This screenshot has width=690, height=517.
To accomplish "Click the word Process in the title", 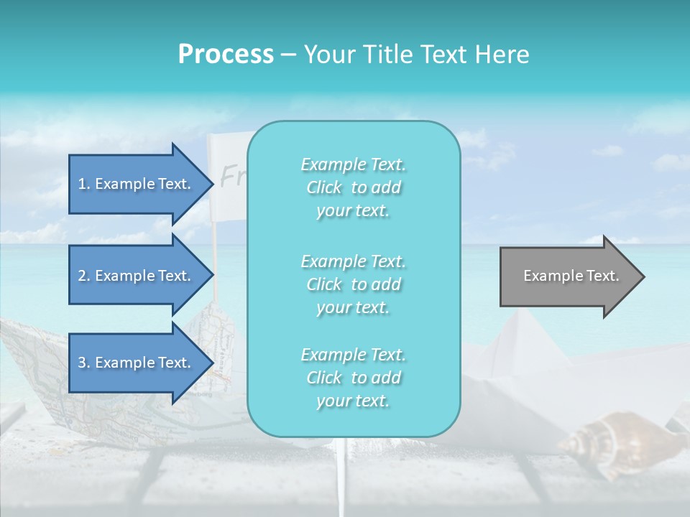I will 226,55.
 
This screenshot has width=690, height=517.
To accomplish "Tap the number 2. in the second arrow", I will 84,276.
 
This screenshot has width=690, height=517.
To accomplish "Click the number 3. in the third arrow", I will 84,363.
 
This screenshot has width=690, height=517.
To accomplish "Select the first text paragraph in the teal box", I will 353,187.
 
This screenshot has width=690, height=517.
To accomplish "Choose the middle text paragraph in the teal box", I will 353,284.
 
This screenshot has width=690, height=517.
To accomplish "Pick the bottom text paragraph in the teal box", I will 353,378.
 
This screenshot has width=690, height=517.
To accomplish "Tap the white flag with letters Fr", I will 227,165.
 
